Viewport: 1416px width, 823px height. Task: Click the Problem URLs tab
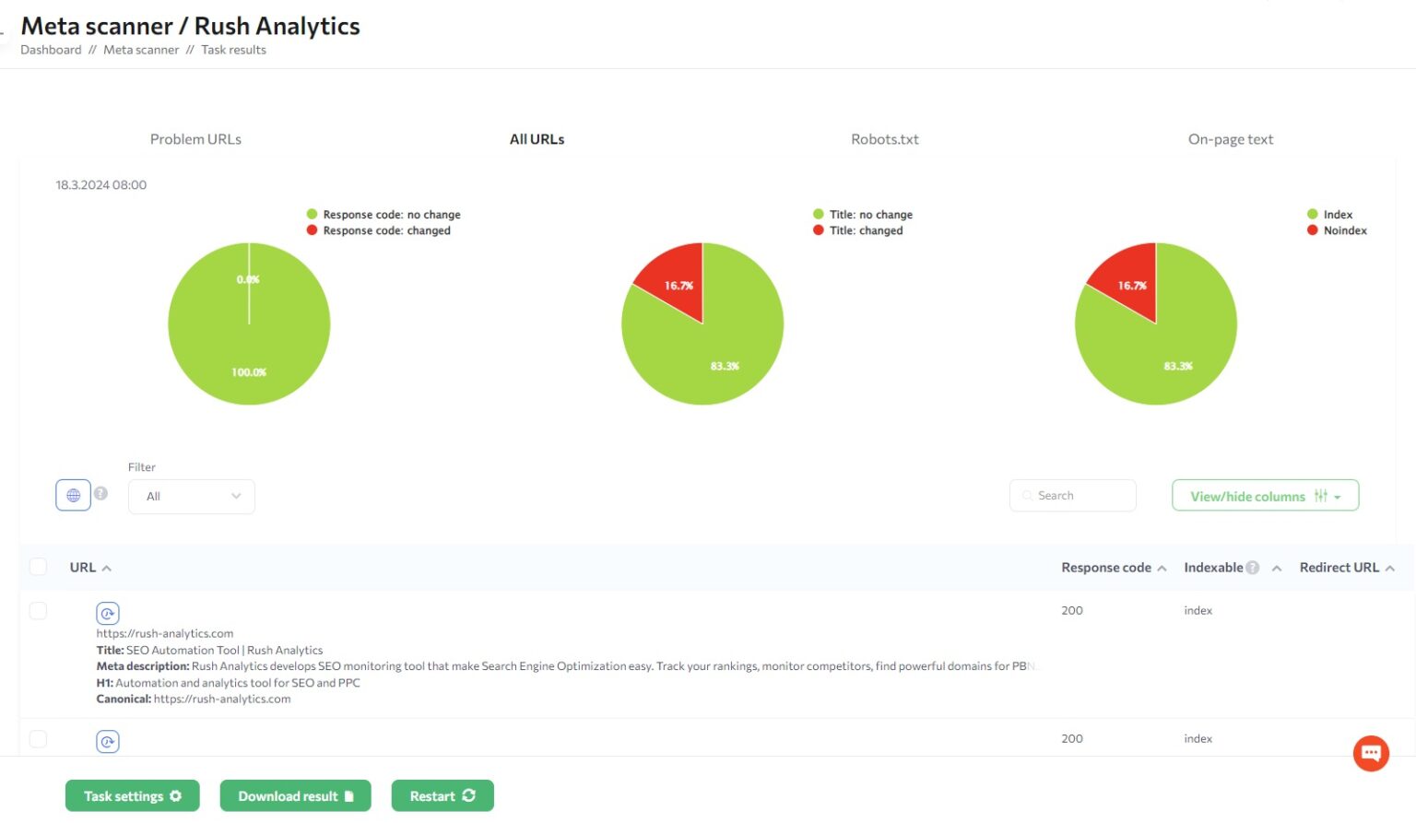point(195,139)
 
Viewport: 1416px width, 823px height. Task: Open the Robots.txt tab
point(884,139)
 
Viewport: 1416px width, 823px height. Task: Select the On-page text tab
point(1230,139)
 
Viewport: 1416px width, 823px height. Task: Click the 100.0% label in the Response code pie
point(249,372)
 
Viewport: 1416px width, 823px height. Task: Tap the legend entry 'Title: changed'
point(865,230)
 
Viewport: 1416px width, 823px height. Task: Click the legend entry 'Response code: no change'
point(391,215)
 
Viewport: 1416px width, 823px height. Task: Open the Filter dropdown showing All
point(192,497)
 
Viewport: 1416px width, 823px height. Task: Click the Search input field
point(1073,496)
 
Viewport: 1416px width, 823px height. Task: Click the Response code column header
point(1106,568)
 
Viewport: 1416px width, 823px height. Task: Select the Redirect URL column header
point(1339,568)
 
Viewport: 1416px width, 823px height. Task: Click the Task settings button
point(132,796)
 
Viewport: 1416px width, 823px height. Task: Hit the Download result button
point(295,796)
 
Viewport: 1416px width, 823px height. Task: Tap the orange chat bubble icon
point(1371,753)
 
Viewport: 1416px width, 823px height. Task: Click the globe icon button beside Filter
point(73,496)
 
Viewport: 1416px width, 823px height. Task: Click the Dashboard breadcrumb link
point(51,50)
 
